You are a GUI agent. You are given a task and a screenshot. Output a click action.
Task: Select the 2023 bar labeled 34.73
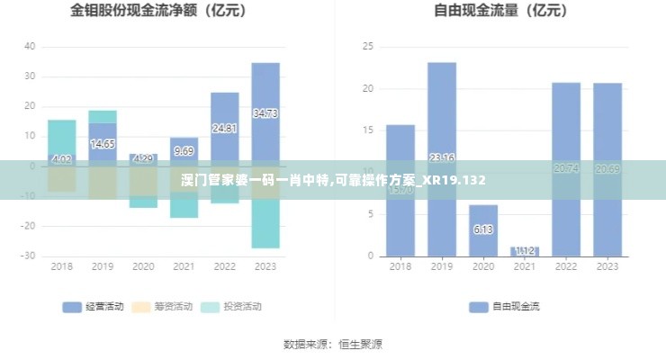pyautogui.click(x=265, y=113)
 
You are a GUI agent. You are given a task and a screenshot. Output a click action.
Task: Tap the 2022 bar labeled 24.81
pyautogui.click(x=225, y=129)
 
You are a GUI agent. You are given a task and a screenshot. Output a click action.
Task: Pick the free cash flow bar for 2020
pyautogui.click(x=482, y=229)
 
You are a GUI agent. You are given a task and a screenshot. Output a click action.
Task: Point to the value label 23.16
pyautogui.click(x=441, y=158)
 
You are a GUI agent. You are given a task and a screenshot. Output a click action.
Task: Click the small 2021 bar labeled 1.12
pyautogui.click(x=524, y=251)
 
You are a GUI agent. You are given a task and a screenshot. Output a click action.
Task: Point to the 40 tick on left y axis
pyautogui.click(x=31, y=47)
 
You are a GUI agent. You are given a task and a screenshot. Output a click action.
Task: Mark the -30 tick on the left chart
pyautogui.click(x=29, y=256)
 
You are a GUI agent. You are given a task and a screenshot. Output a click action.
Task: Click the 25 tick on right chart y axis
pyautogui.click(x=366, y=47)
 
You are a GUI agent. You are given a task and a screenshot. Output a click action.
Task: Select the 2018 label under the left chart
pyautogui.click(x=61, y=266)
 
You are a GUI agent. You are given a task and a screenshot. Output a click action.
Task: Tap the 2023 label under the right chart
pyautogui.click(x=607, y=266)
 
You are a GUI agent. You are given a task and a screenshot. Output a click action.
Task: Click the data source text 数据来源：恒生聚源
pyautogui.click(x=333, y=344)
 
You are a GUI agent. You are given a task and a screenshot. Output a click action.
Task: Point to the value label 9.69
pyautogui.click(x=184, y=151)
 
